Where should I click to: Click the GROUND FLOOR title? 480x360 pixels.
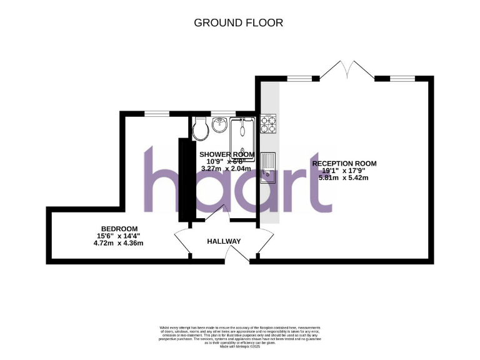click(239, 23)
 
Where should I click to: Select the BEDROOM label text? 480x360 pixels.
click(118, 229)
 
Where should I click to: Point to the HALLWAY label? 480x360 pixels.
click(224, 241)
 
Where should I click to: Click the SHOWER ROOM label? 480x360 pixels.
click(226, 154)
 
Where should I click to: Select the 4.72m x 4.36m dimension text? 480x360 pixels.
click(118, 243)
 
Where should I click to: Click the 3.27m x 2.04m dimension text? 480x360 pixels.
click(226, 168)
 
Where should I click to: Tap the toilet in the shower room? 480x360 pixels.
click(201, 128)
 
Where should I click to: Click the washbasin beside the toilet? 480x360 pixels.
click(219, 125)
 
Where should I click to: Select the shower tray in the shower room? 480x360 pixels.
click(244, 134)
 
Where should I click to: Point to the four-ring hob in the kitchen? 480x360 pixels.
click(269, 124)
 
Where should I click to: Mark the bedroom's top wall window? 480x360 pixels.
click(157, 113)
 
